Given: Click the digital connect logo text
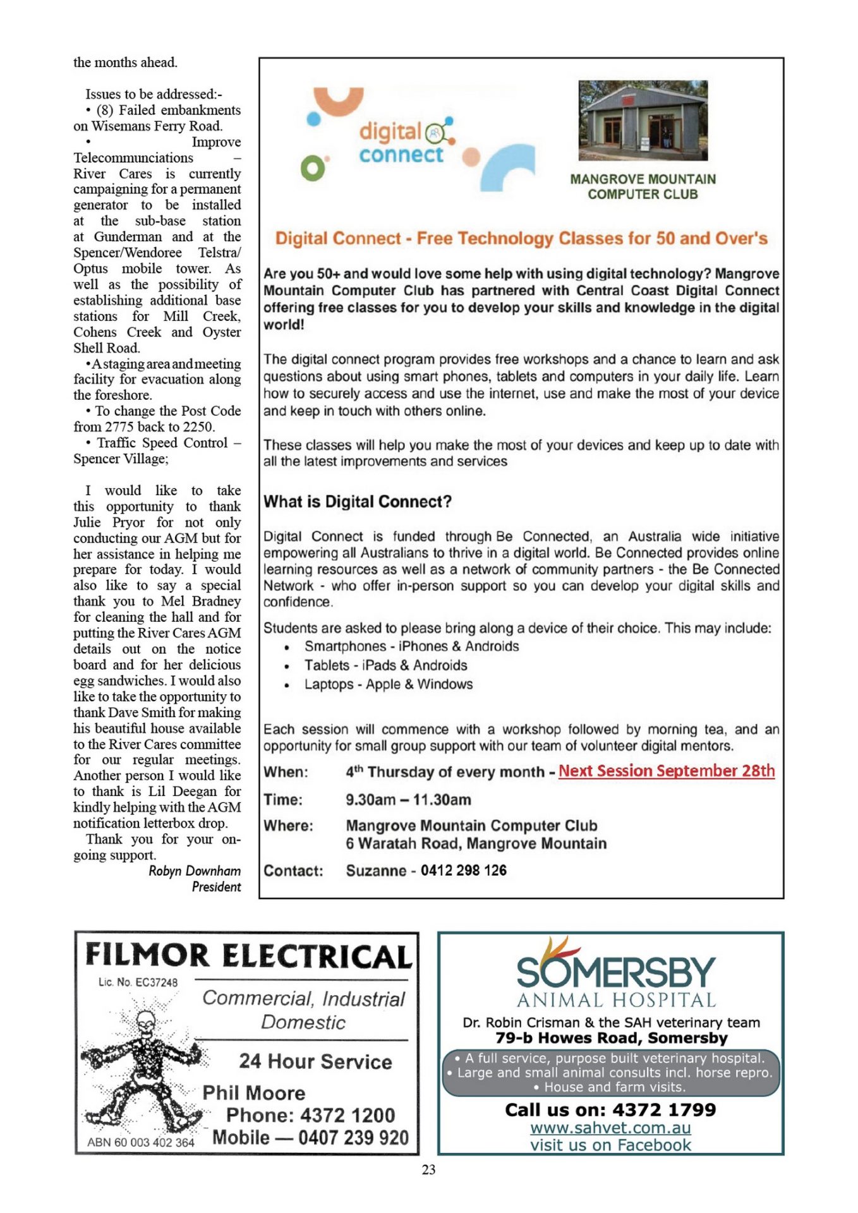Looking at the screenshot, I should [x=401, y=143].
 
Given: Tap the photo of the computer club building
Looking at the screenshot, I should [x=643, y=120].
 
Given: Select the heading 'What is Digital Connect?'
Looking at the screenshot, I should [x=358, y=502].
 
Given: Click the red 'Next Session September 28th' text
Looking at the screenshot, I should [x=666, y=771].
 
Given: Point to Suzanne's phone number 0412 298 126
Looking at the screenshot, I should [x=463, y=871].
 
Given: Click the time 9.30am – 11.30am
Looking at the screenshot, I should [x=408, y=800].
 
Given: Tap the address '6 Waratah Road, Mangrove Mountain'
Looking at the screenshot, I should [x=476, y=844].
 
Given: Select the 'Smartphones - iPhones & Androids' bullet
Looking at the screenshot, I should [x=411, y=646].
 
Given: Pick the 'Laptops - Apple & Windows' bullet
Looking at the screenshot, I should [x=388, y=684].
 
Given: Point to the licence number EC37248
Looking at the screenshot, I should [x=138, y=982].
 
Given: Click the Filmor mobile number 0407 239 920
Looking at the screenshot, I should [x=353, y=1138].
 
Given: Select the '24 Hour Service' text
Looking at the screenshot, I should [x=315, y=1061].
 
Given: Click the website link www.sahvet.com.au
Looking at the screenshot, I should [x=610, y=1128].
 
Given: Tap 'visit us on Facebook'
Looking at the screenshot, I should [x=610, y=1145].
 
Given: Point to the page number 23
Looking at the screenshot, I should [x=428, y=1170].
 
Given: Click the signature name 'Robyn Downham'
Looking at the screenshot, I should [x=195, y=871].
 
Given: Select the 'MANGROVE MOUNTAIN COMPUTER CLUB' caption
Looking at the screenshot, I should [x=643, y=187].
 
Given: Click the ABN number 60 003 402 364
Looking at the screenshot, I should [x=141, y=1142].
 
